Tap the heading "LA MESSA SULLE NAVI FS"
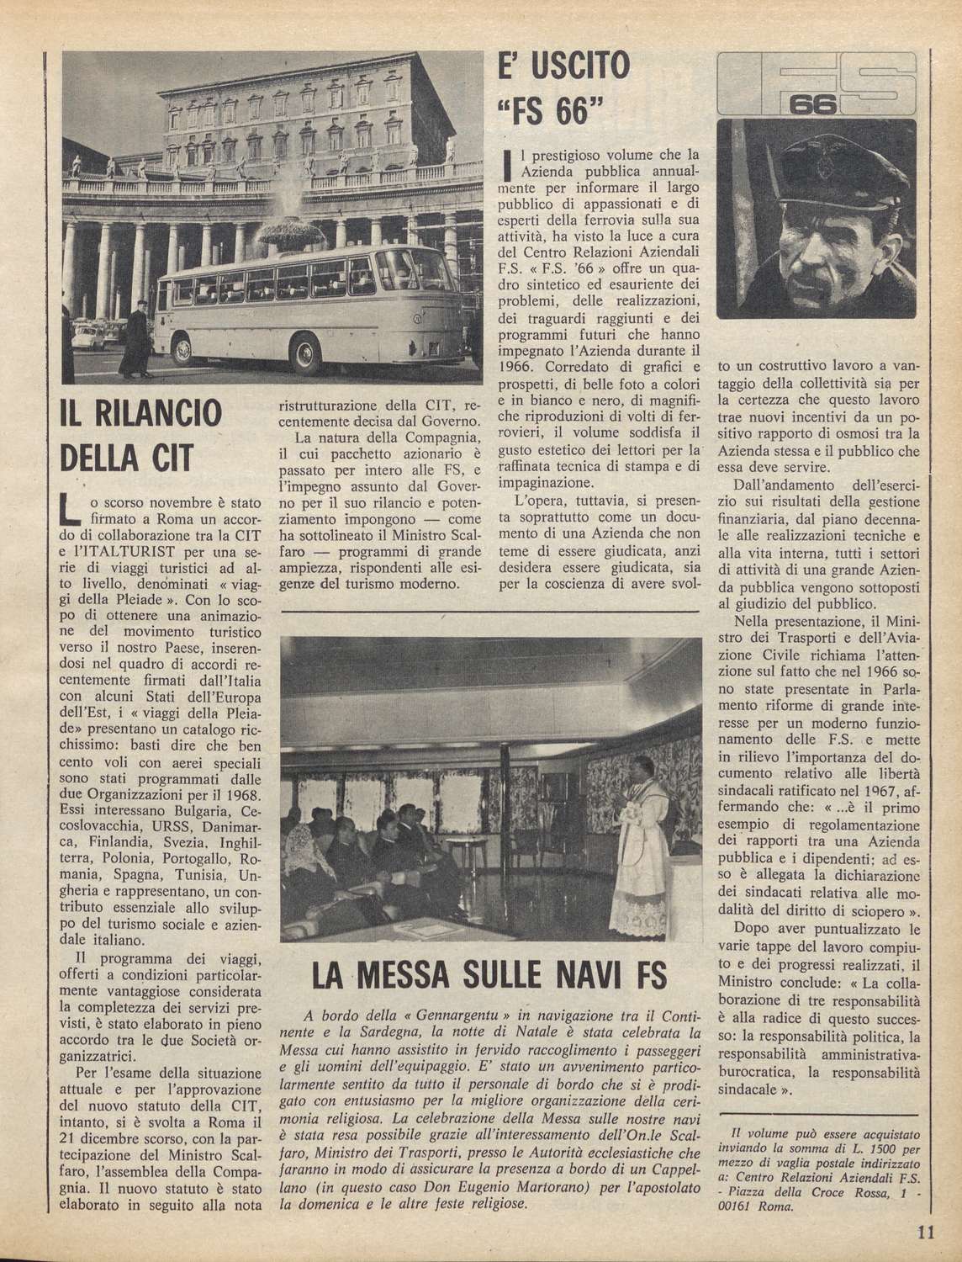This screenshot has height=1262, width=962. [489, 977]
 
